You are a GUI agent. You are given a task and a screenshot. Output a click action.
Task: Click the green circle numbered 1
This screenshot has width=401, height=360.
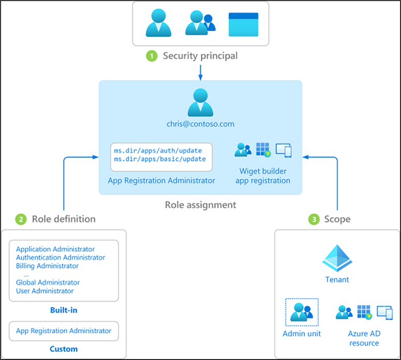pos(152,56)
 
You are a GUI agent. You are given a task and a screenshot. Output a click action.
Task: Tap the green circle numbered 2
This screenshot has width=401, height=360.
pos(21,220)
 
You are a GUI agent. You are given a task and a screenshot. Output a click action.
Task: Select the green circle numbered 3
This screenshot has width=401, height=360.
pos(314,220)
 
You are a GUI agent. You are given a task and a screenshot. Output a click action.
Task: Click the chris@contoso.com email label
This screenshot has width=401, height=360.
pos(201,124)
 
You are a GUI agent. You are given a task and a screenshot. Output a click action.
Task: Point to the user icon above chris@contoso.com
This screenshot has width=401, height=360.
pos(201,103)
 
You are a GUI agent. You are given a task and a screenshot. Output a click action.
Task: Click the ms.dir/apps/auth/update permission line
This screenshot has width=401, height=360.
pos(158,151)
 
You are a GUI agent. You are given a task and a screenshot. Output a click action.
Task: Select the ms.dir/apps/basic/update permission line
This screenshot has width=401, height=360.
pos(160,159)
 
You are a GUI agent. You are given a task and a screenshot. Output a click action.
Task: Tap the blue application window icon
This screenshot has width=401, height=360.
pos(244,24)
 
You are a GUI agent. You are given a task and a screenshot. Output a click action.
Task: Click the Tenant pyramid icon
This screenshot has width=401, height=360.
pos(337,258)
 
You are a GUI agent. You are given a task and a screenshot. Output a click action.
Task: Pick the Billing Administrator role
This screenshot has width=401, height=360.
pos(47,266)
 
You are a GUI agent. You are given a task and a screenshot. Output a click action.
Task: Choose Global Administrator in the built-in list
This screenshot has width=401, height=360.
pos(48,282)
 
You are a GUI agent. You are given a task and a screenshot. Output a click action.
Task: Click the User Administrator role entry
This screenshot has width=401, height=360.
pos(44,291)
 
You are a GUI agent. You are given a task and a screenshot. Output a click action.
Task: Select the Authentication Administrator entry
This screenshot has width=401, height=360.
pos(61,257)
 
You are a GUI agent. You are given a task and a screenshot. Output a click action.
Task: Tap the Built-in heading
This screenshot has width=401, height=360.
pos(64,310)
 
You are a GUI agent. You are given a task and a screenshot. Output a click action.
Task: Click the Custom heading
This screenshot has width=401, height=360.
pos(64,349)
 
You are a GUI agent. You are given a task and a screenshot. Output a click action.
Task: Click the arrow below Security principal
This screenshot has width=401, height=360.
pos(201,73)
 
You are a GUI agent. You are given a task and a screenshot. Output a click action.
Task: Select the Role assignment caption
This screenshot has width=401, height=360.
pos(201,205)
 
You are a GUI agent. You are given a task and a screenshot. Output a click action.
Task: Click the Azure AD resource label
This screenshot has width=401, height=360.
pos(364,338)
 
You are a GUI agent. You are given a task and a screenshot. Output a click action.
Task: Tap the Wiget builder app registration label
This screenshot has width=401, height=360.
pos(263,176)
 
